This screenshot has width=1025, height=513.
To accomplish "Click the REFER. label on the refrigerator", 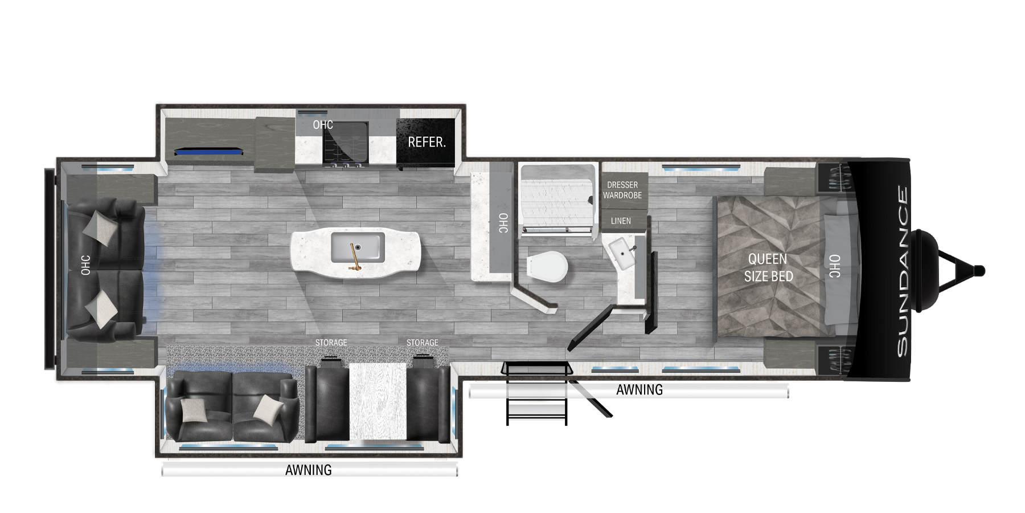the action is [427, 142].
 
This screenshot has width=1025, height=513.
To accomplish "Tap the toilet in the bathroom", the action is [547, 267].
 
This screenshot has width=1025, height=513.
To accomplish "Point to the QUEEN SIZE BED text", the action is [768, 267].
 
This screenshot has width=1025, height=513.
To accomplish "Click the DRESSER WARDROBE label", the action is [622, 190].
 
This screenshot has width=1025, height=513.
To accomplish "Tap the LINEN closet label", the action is [621, 221].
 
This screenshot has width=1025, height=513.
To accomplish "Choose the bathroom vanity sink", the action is [622, 255].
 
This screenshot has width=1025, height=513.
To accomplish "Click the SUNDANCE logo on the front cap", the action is [903, 271].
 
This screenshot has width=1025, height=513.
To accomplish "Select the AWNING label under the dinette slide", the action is [308, 470].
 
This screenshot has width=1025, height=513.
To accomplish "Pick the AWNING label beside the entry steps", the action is [639, 390].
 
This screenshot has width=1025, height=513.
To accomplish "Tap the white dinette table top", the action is [378, 401].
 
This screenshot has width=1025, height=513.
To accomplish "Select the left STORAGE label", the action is [331, 343].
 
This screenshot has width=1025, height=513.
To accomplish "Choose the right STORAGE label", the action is [422, 343].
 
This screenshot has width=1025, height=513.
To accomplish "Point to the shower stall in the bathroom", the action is [557, 199].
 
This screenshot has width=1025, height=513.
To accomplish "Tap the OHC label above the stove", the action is [323, 124].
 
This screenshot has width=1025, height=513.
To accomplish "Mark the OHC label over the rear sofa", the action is [85, 265].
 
